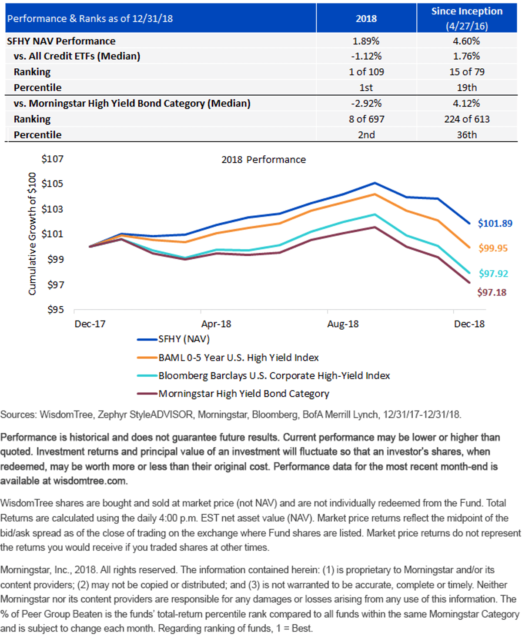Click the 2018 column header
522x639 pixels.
pos(366,19)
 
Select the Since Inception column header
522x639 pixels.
pos(467,18)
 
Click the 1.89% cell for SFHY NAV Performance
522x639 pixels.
pos(366,41)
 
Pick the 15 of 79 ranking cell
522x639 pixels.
pos(467,72)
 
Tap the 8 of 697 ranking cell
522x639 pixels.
pos(366,119)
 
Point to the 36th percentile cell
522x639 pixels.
pos(467,135)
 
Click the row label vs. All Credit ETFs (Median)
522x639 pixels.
pos(77,57)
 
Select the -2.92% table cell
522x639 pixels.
pos(366,104)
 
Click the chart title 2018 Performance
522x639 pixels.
pos(264,160)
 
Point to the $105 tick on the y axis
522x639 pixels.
pos(52,184)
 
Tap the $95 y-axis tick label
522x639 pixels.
pos(55,310)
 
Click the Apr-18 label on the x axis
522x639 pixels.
pos(216,324)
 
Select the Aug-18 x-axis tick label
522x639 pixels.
pos(343,324)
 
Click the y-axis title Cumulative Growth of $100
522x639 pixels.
pos(32,234)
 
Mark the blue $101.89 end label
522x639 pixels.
pos(495,223)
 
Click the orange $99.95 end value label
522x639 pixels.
pos(493,248)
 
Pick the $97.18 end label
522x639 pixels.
pos(492,292)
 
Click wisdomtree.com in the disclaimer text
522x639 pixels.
pos(89,481)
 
